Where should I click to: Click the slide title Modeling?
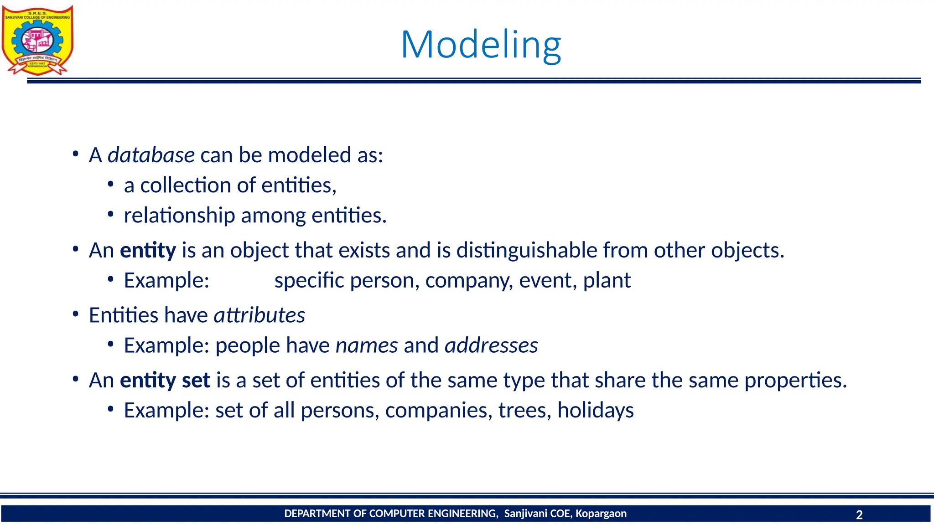(x=481, y=45)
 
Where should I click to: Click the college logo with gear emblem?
(x=37, y=40)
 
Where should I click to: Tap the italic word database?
(x=151, y=155)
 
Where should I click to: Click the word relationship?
(x=179, y=216)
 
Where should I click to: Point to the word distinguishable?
(x=527, y=250)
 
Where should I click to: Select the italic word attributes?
(x=259, y=315)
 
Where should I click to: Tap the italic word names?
(x=367, y=345)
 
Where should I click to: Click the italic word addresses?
(x=491, y=345)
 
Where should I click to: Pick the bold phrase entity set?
(x=165, y=380)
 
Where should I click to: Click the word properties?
(x=795, y=380)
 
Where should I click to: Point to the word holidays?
(x=595, y=410)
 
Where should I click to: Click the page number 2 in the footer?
(x=859, y=515)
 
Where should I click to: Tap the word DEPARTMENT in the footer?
(x=317, y=514)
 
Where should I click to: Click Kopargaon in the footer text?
(x=601, y=514)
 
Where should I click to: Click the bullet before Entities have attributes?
(x=76, y=315)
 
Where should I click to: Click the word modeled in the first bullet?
(x=309, y=155)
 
